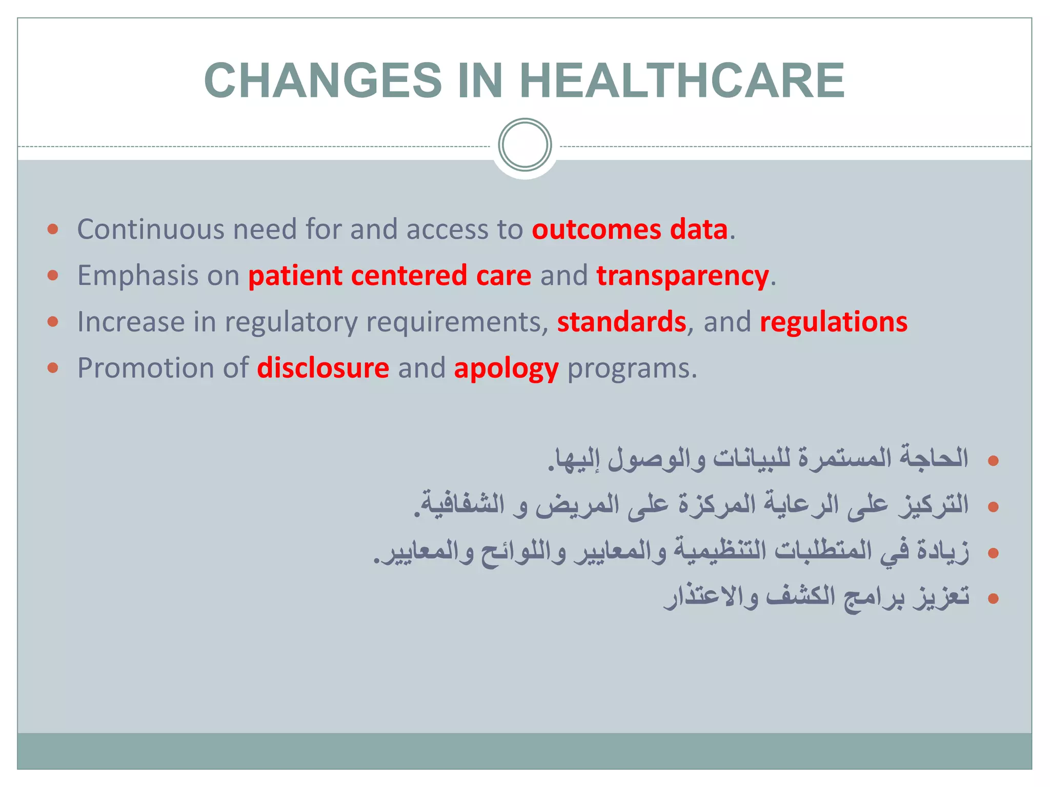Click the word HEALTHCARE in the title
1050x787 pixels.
click(x=682, y=80)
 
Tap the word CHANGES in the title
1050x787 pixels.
click(x=323, y=80)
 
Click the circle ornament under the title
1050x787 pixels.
click(x=524, y=144)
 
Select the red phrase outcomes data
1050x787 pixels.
click(x=630, y=229)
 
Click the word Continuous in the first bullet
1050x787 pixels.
click(x=150, y=229)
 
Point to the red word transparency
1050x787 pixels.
click(x=682, y=276)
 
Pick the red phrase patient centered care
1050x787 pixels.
click(x=390, y=276)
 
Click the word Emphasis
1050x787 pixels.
click(x=137, y=276)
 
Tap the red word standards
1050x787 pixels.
click(x=621, y=322)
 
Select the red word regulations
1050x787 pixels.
click(x=834, y=322)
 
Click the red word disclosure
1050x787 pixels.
click(x=323, y=368)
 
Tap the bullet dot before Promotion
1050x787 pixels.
click(x=53, y=367)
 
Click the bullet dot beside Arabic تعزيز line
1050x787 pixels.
click(x=993, y=598)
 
